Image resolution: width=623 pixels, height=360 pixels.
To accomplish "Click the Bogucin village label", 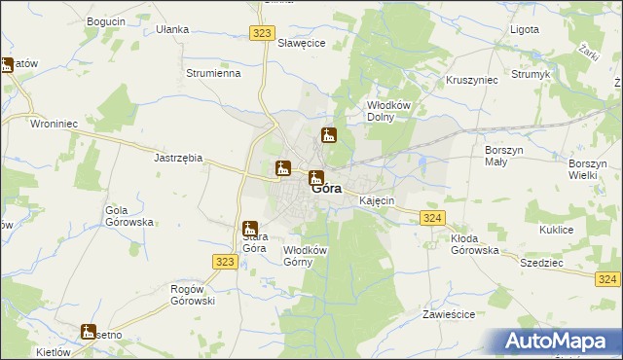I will [106, 20].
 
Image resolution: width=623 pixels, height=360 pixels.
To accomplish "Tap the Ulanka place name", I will [172, 29].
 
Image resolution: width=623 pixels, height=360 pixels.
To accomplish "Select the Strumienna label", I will [213, 73].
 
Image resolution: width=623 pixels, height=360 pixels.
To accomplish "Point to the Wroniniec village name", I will [55, 124].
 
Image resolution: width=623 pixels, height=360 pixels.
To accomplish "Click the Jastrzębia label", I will [178, 157].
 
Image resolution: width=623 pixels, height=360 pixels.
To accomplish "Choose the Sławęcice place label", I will [301, 43].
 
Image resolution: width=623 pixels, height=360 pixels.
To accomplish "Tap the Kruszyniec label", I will [471, 80].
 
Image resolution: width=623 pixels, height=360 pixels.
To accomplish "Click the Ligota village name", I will [525, 29].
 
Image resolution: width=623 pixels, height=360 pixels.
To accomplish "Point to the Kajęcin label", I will [376, 200].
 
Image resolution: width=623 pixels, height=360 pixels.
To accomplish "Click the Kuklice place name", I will [556, 230].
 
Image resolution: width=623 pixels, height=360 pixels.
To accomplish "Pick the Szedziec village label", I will [542, 263].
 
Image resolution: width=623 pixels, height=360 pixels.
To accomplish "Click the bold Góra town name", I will [326, 190].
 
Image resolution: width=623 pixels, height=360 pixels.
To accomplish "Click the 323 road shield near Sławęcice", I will [260, 33].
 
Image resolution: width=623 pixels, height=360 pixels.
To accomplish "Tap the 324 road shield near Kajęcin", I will [433, 219].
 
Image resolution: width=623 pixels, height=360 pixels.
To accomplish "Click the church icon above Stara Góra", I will [250, 229].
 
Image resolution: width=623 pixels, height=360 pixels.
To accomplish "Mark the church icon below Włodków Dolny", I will [329, 135].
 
